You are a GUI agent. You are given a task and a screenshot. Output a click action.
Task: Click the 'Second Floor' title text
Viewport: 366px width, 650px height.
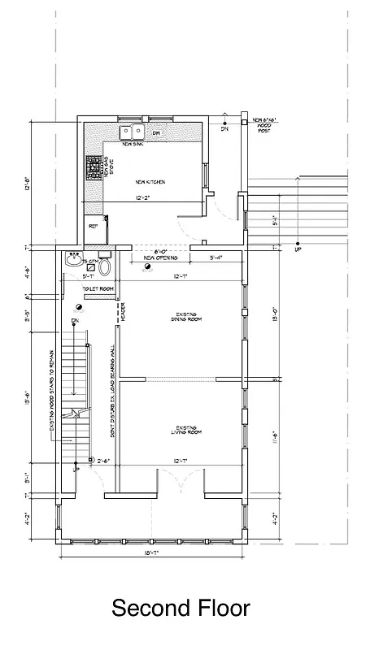(181, 608)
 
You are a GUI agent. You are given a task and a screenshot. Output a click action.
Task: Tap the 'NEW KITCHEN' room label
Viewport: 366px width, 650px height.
(150, 182)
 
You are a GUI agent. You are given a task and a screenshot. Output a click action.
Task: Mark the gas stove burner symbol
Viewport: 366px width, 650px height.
(91, 168)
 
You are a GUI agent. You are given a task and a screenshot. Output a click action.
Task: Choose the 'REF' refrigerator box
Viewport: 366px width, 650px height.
(92, 227)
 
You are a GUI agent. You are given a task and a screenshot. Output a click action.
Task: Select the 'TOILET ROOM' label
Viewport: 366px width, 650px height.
(95, 288)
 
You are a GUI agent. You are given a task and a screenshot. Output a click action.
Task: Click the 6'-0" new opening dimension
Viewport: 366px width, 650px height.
(149, 251)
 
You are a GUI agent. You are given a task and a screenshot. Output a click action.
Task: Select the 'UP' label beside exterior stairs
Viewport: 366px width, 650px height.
(299, 249)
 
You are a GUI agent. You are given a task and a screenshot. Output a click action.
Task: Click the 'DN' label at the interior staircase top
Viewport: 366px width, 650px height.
(74, 323)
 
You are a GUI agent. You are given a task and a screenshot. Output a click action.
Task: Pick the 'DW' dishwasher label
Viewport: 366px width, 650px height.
(157, 132)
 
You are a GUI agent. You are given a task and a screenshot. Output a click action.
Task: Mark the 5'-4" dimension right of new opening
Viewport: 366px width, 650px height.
(216, 258)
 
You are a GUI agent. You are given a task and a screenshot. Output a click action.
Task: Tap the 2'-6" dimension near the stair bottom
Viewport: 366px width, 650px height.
(102, 461)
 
